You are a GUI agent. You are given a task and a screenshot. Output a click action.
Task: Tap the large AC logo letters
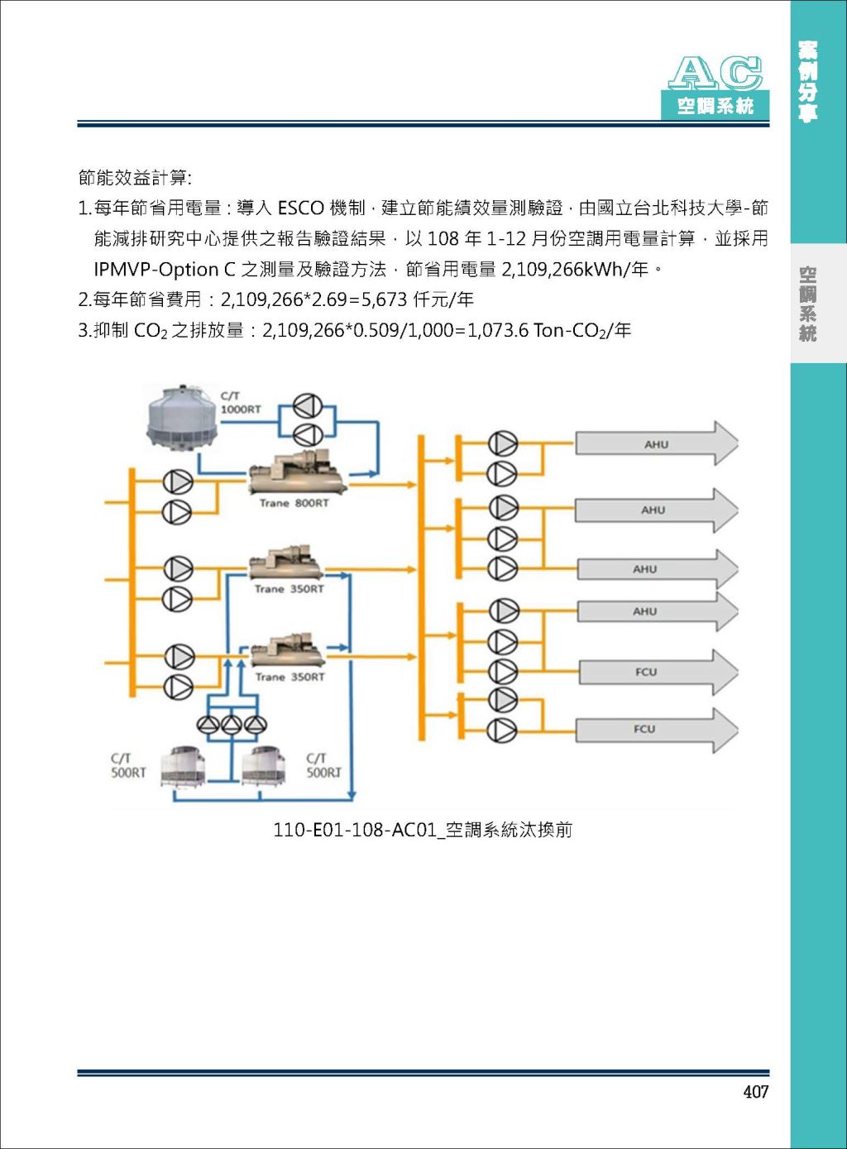(x=715, y=74)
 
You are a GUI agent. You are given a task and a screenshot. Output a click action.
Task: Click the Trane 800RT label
(x=294, y=503)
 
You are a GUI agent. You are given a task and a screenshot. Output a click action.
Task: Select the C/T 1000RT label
(x=240, y=403)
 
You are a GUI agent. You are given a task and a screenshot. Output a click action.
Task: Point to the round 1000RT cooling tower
(x=180, y=418)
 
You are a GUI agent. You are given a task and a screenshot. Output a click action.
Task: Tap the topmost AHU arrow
(x=656, y=443)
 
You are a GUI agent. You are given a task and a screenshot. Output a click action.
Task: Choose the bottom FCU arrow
(x=656, y=730)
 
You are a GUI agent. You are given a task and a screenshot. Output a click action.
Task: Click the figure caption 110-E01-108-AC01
(x=423, y=829)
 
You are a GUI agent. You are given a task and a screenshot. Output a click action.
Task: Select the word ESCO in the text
(x=300, y=208)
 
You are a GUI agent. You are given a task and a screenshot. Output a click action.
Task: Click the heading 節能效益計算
(x=135, y=178)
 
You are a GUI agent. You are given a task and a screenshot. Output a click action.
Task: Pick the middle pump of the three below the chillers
(x=231, y=724)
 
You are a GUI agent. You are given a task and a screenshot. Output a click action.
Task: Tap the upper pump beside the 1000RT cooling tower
(x=308, y=406)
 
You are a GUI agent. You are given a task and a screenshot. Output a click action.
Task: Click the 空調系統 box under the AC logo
(x=715, y=106)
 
